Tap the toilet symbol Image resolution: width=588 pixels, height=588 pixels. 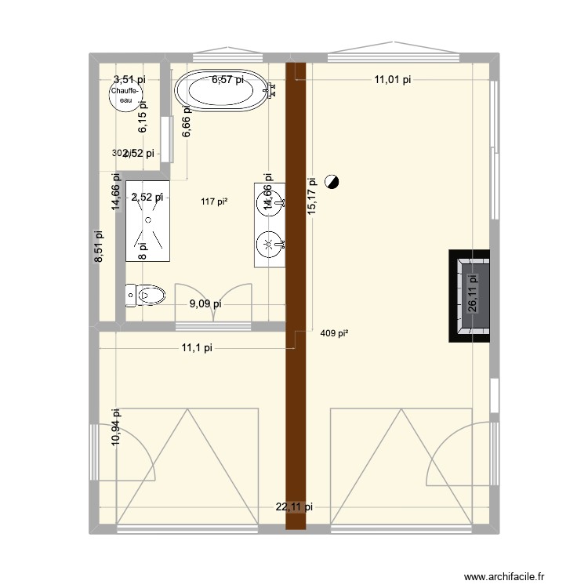[147, 296]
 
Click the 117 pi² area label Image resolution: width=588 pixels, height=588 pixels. [214, 201]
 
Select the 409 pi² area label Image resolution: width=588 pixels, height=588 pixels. [335, 333]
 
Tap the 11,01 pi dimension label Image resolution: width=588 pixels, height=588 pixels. [392, 79]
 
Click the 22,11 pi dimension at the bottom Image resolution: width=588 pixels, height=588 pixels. [294, 507]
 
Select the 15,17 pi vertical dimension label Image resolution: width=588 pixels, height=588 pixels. [312, 195]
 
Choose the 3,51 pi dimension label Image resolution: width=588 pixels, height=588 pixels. [129, 79]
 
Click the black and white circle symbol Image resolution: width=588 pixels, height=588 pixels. [332, 183]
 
